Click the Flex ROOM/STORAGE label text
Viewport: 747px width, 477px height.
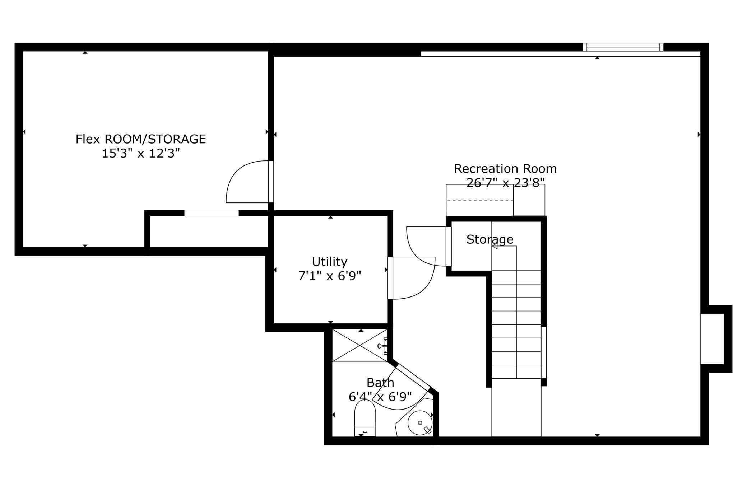pos(140,139)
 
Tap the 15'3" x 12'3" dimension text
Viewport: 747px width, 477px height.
pos(140,154)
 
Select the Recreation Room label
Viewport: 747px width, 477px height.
pos(505,168)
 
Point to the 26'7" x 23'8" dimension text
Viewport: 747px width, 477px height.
pos(505,183)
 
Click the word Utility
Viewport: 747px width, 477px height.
pos(329,262)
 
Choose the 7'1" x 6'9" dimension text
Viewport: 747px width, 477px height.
pos(329,276)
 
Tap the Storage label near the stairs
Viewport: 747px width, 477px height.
pos(490,239)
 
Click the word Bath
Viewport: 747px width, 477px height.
pos(380,383)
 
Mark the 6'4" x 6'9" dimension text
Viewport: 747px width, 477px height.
pos(380,397)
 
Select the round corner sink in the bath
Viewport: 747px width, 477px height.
pos(419,423)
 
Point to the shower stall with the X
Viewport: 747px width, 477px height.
pos(359,345)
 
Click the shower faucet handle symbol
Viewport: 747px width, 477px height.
pos(381,346)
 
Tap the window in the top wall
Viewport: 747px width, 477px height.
pos(623,47)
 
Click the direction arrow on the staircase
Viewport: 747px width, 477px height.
pos(495,246)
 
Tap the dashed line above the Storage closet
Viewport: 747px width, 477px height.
pos(479,200)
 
